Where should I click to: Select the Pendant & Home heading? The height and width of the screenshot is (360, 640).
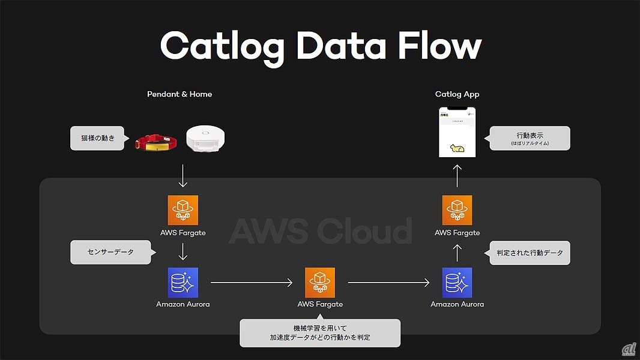pyautogui.click(x=180, y=94)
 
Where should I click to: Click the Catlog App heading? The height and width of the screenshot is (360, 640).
pyautogui.click(x=457, y=94)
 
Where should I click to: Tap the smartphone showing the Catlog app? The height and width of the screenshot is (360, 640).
pyautogui.click(x=457, y=133)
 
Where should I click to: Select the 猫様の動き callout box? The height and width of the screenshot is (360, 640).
pyautogui.click(x=100, y=138)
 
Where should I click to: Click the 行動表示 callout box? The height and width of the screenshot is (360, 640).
pyautogui.click(x=529, y=138)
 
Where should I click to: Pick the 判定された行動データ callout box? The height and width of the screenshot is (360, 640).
pyautogui.click(x=530, y=253)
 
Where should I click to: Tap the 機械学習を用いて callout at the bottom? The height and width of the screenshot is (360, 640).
pyautogui.click(x=320, y=333)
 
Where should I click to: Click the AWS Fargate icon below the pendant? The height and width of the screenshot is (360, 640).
pyautogui.click(x=183, y=210)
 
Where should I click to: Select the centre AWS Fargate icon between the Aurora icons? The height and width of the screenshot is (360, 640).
pyautogui.click(x=320, y=283)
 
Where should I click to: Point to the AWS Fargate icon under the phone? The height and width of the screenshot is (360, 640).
pyautogui.click(x=457, y=210)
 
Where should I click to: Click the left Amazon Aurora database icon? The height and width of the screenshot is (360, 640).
pyautogui.click(x=183, y=283)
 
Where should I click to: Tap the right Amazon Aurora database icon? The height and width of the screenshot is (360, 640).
pyautogui.click(x=457, y=283)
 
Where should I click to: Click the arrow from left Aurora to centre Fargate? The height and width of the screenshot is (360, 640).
pyautogui.click(x=252, y=282)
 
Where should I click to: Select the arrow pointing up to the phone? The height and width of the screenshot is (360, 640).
pyautogui.click(x=457, y=176)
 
